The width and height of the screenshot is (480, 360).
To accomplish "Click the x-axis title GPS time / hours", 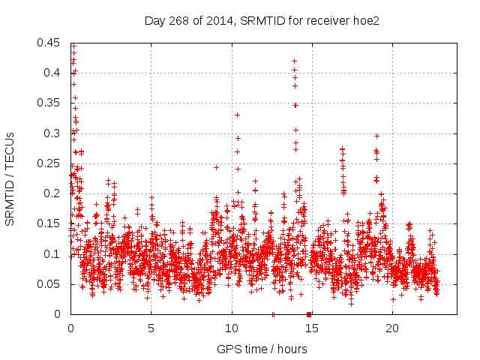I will pos(262,349).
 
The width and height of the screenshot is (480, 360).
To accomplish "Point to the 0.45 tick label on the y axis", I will pos(49,43).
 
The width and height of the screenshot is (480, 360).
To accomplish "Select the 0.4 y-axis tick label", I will pos(52,73).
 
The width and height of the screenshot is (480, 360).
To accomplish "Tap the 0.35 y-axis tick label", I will pos(49,103).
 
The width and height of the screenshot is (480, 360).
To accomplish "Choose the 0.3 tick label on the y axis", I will pos(52,133).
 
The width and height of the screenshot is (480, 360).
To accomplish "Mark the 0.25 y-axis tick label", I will pos(49,163).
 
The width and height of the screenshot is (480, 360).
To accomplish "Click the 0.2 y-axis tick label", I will pos(52,193).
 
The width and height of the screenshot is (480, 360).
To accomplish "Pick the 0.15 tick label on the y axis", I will pos(49,223).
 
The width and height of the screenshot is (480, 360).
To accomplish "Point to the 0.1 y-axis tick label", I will pos(52,254).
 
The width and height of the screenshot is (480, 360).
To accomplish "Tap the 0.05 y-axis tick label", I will pos(49,284).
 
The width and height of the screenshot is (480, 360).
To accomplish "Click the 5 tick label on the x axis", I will pos(151,328).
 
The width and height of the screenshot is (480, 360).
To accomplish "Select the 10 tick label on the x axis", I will pos(232,328).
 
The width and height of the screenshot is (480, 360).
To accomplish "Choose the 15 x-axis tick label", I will pos(312,328).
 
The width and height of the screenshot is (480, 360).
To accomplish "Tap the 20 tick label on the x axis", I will pos(392,328).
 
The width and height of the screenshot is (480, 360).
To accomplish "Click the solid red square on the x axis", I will pos(309,314).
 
